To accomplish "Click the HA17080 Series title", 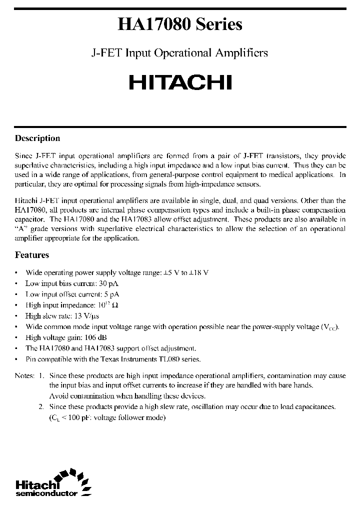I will click(180, 24).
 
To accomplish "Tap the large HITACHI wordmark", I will click(180, 82).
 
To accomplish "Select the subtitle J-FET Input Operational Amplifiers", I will click(180, 53).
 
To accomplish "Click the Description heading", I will click(37, 138).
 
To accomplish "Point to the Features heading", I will click(32, 255).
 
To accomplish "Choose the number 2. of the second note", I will click(41, 407).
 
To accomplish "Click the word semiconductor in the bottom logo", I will click(46, 493).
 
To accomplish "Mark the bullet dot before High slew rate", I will click(17, 316).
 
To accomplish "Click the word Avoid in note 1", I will click(57, 396).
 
